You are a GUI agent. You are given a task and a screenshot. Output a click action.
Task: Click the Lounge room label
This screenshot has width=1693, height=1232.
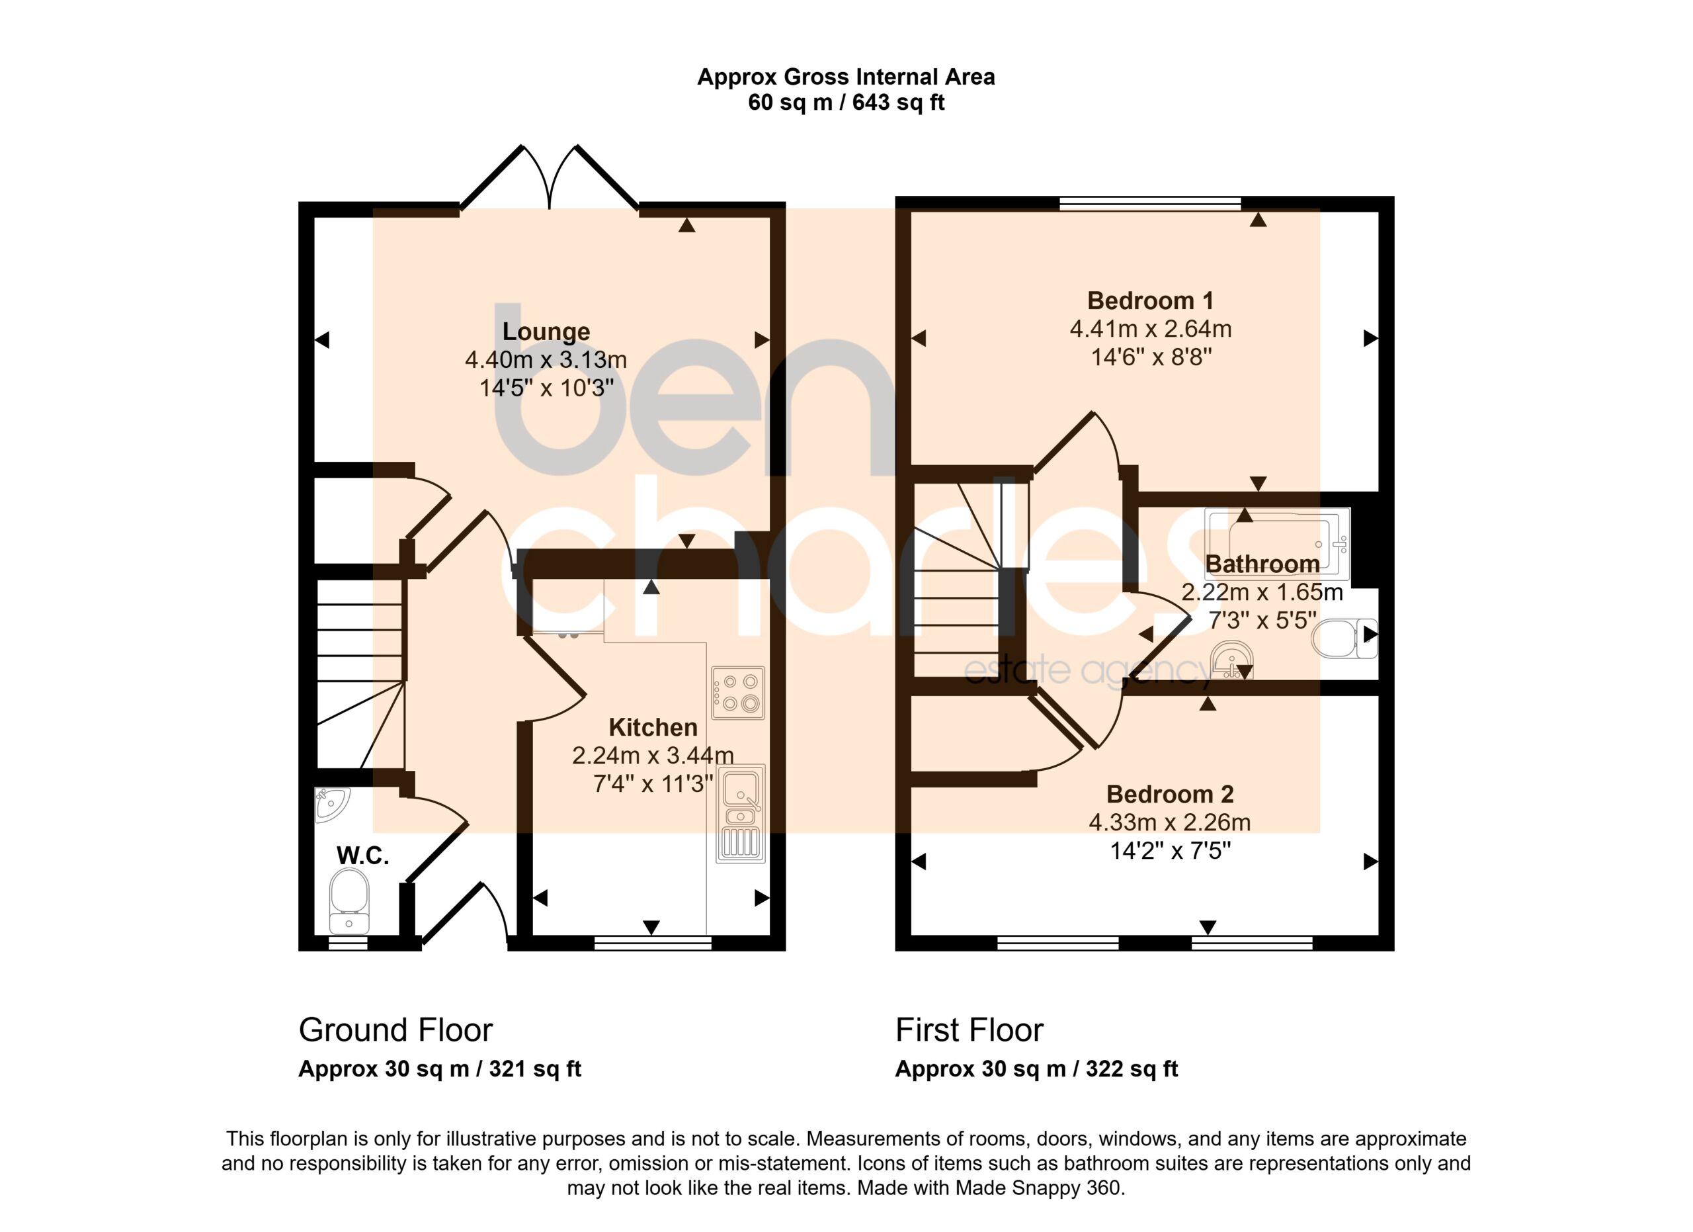tap(546, 331)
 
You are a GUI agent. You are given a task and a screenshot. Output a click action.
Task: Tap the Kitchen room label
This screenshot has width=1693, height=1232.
tap(653, 727)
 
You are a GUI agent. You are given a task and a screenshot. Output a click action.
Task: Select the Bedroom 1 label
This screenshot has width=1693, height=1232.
tap(1150, 301)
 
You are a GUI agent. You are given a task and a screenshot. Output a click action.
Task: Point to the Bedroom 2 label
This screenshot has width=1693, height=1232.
tap(1170, 794)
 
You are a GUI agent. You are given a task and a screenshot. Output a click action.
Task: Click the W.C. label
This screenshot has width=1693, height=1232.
tap(363, 856)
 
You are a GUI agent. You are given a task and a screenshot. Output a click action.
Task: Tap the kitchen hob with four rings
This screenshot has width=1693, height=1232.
tap(737, 693)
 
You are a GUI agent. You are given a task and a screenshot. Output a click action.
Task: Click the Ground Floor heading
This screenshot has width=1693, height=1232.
tap(395, 1030)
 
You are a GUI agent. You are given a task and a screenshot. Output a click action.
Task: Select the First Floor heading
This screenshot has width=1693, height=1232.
tap(969, 1030)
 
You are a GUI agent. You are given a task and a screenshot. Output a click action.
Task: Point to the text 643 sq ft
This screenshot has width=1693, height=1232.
tap(898, 103)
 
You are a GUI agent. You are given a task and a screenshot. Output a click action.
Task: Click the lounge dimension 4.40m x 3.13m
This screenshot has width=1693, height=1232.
tap(546, 360)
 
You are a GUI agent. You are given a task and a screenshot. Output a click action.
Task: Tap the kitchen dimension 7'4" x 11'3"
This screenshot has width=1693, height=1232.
tap(653, 784)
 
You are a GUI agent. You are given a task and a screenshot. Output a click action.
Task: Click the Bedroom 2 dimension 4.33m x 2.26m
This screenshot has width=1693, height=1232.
tap(1170, 822)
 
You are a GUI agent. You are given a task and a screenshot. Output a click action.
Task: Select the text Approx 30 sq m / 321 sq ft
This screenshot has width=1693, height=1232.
tap(440, 1069)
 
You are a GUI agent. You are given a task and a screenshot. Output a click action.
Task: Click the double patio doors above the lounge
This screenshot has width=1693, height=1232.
tap(550, 177)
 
